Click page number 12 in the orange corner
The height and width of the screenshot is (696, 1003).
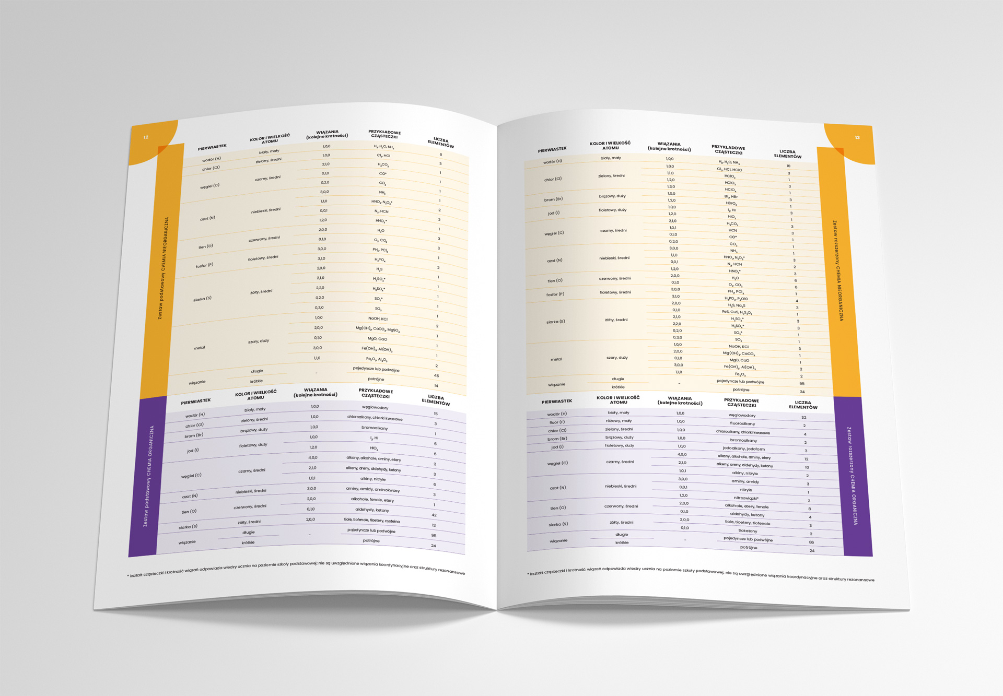pos(146,137)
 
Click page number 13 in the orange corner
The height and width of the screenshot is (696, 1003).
pos(857,137)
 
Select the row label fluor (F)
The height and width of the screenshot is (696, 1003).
pos(557,422)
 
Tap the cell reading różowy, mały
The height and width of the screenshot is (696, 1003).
pos(619,421)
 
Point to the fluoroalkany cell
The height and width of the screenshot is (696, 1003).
pos(742,423)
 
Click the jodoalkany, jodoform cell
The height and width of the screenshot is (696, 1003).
pos(744,449)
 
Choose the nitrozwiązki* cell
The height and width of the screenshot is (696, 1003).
pos(746,498)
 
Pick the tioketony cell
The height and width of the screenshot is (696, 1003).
pos(748,531)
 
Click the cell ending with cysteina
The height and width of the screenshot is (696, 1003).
pos(372,521)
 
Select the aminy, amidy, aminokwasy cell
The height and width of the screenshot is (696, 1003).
pos(373,489)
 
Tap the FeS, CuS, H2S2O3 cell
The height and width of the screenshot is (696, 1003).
pos(737,312)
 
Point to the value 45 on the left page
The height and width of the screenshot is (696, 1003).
pos(436,376)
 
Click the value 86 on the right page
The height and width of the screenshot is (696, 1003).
pos(811,542)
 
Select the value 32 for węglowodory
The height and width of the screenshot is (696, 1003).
pos(804,417)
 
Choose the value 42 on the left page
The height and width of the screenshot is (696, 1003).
pos(434,515)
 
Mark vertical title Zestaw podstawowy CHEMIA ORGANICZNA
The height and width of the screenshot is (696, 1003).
pos(148,476)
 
